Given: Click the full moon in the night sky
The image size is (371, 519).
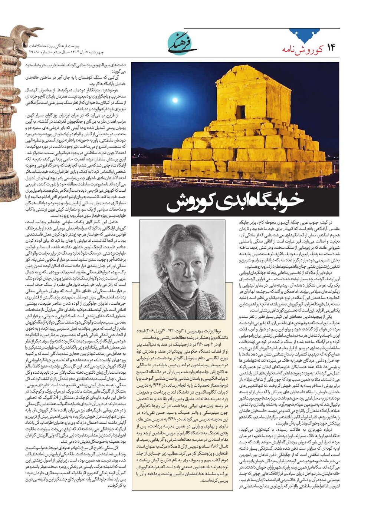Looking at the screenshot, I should (x=175, y=100).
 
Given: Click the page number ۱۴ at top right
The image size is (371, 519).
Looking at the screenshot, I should (x=331, y=48).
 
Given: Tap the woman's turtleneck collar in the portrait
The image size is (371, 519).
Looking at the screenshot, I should (x=182, y=292).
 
